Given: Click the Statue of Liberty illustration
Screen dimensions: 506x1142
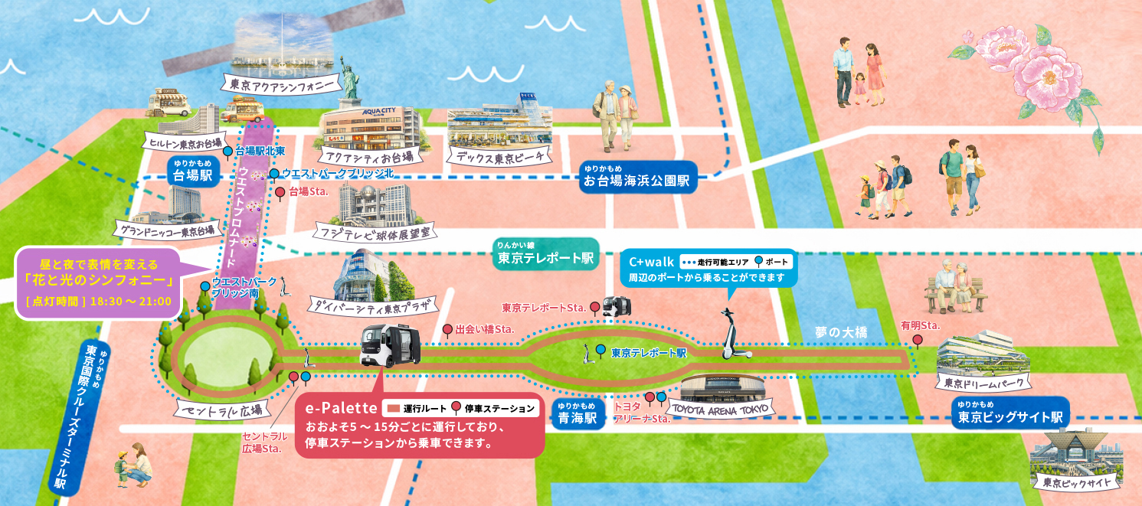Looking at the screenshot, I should point(351,77).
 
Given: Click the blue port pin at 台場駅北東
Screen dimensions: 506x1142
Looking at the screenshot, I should point(227,152).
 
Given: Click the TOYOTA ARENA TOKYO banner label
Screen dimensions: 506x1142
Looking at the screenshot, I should point(722,408).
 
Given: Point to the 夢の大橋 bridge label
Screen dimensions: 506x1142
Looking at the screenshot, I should point(840,332).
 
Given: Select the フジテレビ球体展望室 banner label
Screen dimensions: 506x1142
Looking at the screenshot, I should point(377,230).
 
